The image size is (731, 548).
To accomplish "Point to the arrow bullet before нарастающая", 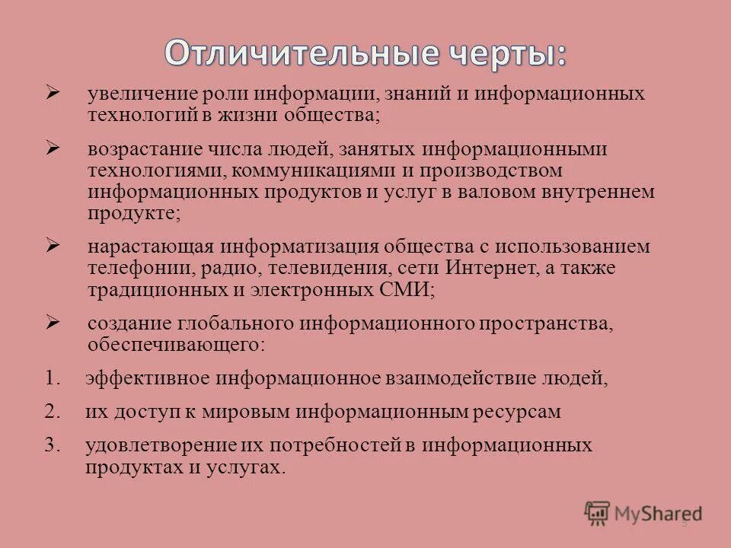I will (x=53, y=246).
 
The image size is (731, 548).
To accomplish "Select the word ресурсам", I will (x=516, y=412).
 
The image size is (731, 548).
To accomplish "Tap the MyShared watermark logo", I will (x=643, y=513).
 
